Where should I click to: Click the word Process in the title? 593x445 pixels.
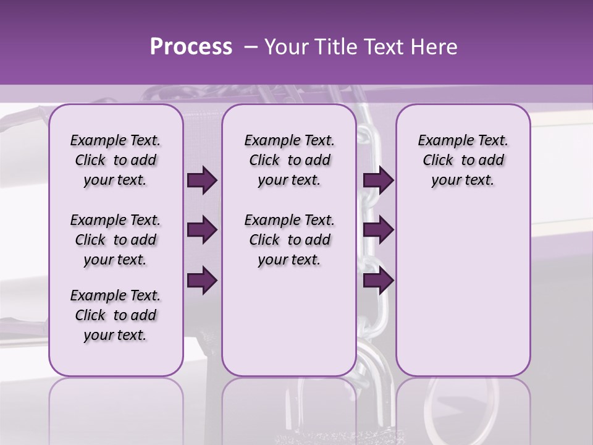point(191,47)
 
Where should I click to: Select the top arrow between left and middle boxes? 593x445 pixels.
point(202,180)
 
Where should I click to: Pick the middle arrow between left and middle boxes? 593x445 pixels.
point(202,231)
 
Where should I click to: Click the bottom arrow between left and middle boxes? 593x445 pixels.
point(202,280)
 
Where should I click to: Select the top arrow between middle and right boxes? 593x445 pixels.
point(378,180)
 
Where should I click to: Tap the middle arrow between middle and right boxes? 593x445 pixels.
point(378,231)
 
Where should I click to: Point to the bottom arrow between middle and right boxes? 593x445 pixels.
point(378,280)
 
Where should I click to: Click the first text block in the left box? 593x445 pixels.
point(116,160)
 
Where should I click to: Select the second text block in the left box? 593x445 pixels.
point(116,240)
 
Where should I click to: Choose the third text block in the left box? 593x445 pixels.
point(116,315)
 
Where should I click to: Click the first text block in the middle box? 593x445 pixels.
point(289,160)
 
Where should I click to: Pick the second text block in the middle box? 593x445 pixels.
point(289,240)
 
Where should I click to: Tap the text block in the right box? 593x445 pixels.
point(463,160)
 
